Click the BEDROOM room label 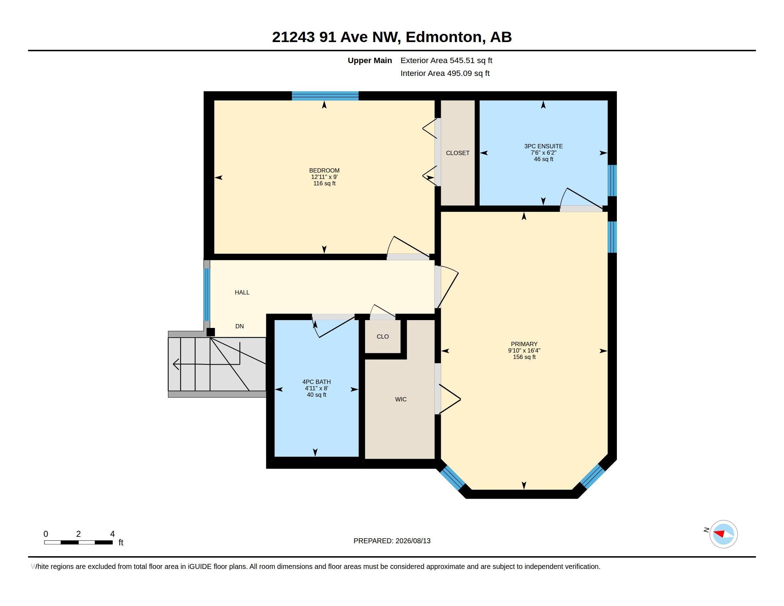[x=324, y=170]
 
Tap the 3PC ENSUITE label [x=543, y=146]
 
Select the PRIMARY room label [x=524, y=344]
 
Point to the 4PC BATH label [x=316, y=382]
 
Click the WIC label [x=401, y=399]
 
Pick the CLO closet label [x=383, y=337]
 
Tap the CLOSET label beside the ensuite [x=458, y=153]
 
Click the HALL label [x=242, y=292]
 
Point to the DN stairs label [x=239, y=326]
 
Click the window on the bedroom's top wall [x=325, y=96]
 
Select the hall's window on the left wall [x=207, y=294]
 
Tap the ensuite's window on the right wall [x=612, y=181]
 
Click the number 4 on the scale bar [x=112, y=534]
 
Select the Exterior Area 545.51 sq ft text [x=446, y=60]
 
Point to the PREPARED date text [x=392, y=541]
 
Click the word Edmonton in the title [x=444, y=37]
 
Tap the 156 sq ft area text [x=524, y=357]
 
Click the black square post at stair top [x=211, y=332]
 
